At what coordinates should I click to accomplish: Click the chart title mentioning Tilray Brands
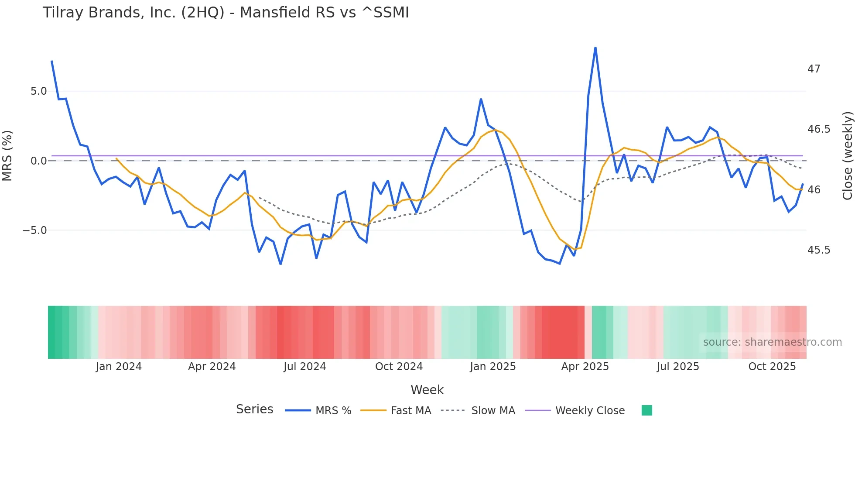226,13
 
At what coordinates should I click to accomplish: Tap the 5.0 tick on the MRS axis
38,91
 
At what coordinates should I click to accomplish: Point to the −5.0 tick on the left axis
35,230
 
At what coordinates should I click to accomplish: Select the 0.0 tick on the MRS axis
38,161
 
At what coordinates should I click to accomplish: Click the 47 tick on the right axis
814,69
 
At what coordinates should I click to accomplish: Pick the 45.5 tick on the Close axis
818,250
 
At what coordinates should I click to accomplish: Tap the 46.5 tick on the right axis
818,129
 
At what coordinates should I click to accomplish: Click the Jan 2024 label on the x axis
119,367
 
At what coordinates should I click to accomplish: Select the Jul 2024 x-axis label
304,367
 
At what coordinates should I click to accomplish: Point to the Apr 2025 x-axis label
585,367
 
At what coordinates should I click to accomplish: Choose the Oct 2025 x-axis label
772,367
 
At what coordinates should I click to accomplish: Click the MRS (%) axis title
7,155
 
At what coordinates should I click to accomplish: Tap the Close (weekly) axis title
847,155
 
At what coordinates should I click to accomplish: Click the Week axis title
427,390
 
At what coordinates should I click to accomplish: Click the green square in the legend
646,410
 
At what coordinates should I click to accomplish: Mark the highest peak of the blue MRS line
595,48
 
